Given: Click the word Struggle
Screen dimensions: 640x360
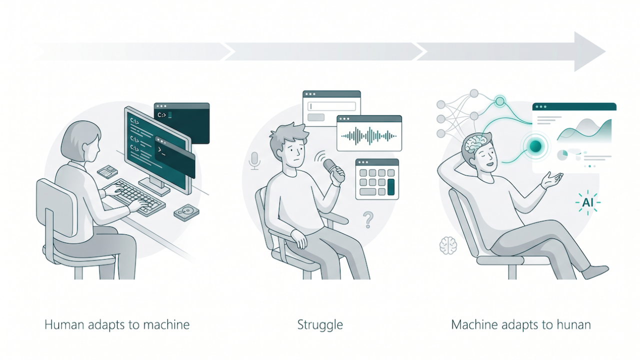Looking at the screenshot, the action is pyautogui.click(x=320, y=325).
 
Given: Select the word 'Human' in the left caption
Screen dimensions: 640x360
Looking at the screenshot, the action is pyautogui.click(x=64, y=324).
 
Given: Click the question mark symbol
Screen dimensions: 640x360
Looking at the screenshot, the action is pyautogui.click(x=368, y=219).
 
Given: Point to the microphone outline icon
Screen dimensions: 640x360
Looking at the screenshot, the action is pyautogui.click(x=254, y=161).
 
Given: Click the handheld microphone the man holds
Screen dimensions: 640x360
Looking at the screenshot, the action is pyautogui.click(x=333, y=170).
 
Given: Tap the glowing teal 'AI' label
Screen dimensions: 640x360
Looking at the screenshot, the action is pyautogui.click(x=587, y=202).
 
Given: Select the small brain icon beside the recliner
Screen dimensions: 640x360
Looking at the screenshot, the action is pyautogui.click(x=448, y=245).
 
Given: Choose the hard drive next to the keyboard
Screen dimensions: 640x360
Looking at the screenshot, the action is pyautogui.click(x=186, y=212).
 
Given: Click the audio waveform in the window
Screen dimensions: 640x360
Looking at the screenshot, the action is pyautogui.click(x=369, y=136).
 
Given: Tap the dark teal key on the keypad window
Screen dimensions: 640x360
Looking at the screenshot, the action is pyautogui.click(x=391, y=187).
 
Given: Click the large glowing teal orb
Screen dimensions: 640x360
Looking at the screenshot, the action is pyautogui.click(x=535, y=146).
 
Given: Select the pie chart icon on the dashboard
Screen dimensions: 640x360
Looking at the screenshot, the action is pyautogui.click(x=562, y=155).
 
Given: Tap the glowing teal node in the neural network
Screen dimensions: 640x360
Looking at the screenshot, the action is pyautogui.click(x=499, y=101).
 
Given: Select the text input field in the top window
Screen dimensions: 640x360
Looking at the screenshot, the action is pyautogui.click(x=331, y=106).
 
